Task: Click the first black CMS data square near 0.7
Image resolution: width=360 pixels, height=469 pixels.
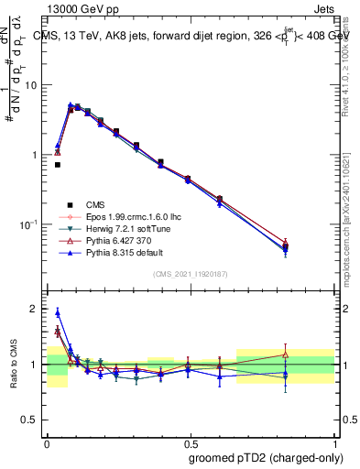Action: click(57, 165)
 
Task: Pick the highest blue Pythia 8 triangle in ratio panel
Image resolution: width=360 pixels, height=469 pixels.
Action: click(58, 312)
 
